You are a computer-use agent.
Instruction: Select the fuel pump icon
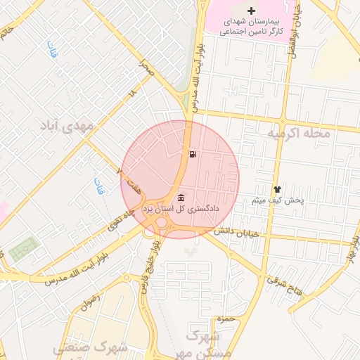tap(193, 154)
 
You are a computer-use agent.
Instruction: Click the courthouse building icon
tap(181, 196)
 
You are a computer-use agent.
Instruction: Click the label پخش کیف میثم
tap(278, 200)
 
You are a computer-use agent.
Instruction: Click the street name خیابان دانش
tap(238, 231)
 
